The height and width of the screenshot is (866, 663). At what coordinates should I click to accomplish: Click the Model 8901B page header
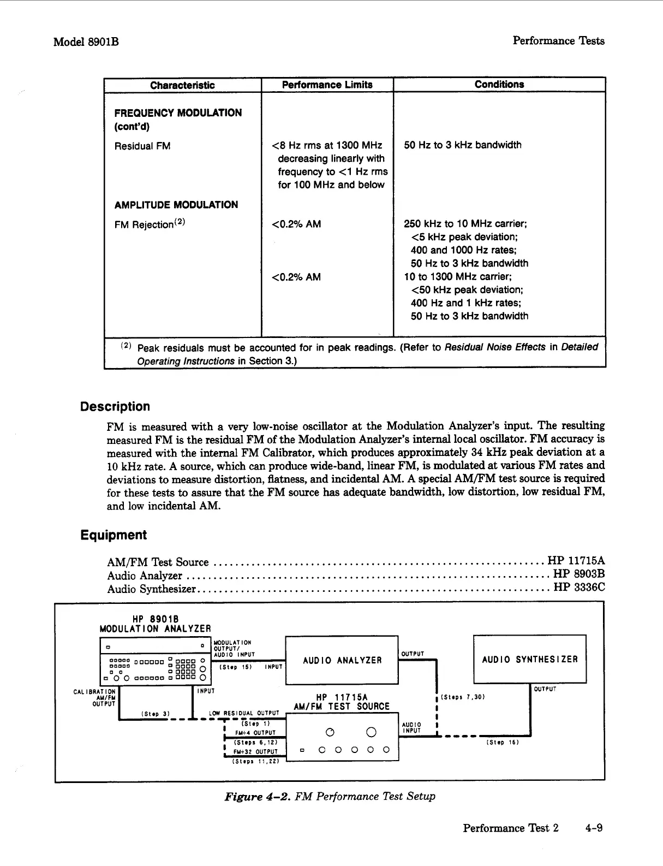(x=86, y=42)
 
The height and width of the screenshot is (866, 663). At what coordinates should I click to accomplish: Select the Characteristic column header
(x=182, y=85)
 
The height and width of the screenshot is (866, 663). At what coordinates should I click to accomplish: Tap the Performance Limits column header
(x=327, y=85)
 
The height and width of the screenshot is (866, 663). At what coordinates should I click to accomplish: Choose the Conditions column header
(x=499, y=84)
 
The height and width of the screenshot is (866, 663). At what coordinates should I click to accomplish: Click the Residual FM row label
(x=142, y=146)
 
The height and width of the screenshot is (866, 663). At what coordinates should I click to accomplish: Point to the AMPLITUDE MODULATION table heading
(x=176, y=205)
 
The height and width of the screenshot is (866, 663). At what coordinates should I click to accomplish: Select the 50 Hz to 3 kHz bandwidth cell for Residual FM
(x=462, y=145)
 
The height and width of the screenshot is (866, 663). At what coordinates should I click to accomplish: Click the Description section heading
(x=115, y=407)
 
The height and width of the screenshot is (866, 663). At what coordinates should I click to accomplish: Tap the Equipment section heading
(x=113, y=535)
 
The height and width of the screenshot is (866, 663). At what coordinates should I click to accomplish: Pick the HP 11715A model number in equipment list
(x=576, y=561)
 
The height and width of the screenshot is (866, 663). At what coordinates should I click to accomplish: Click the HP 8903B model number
(x=578, y=574)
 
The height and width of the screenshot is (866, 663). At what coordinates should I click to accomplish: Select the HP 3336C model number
(x=579, y=588)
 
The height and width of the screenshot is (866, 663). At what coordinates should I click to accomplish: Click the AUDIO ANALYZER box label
(x=342, y=660)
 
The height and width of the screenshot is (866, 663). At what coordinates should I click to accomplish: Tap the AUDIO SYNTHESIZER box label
(x=529, y=659)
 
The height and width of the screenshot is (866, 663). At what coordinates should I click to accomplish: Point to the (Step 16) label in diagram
(x=502, y=742)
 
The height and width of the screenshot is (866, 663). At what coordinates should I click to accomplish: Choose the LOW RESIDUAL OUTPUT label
(x=244, y=713)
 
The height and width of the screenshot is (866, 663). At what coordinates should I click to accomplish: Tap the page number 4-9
(x=593, y=828)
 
